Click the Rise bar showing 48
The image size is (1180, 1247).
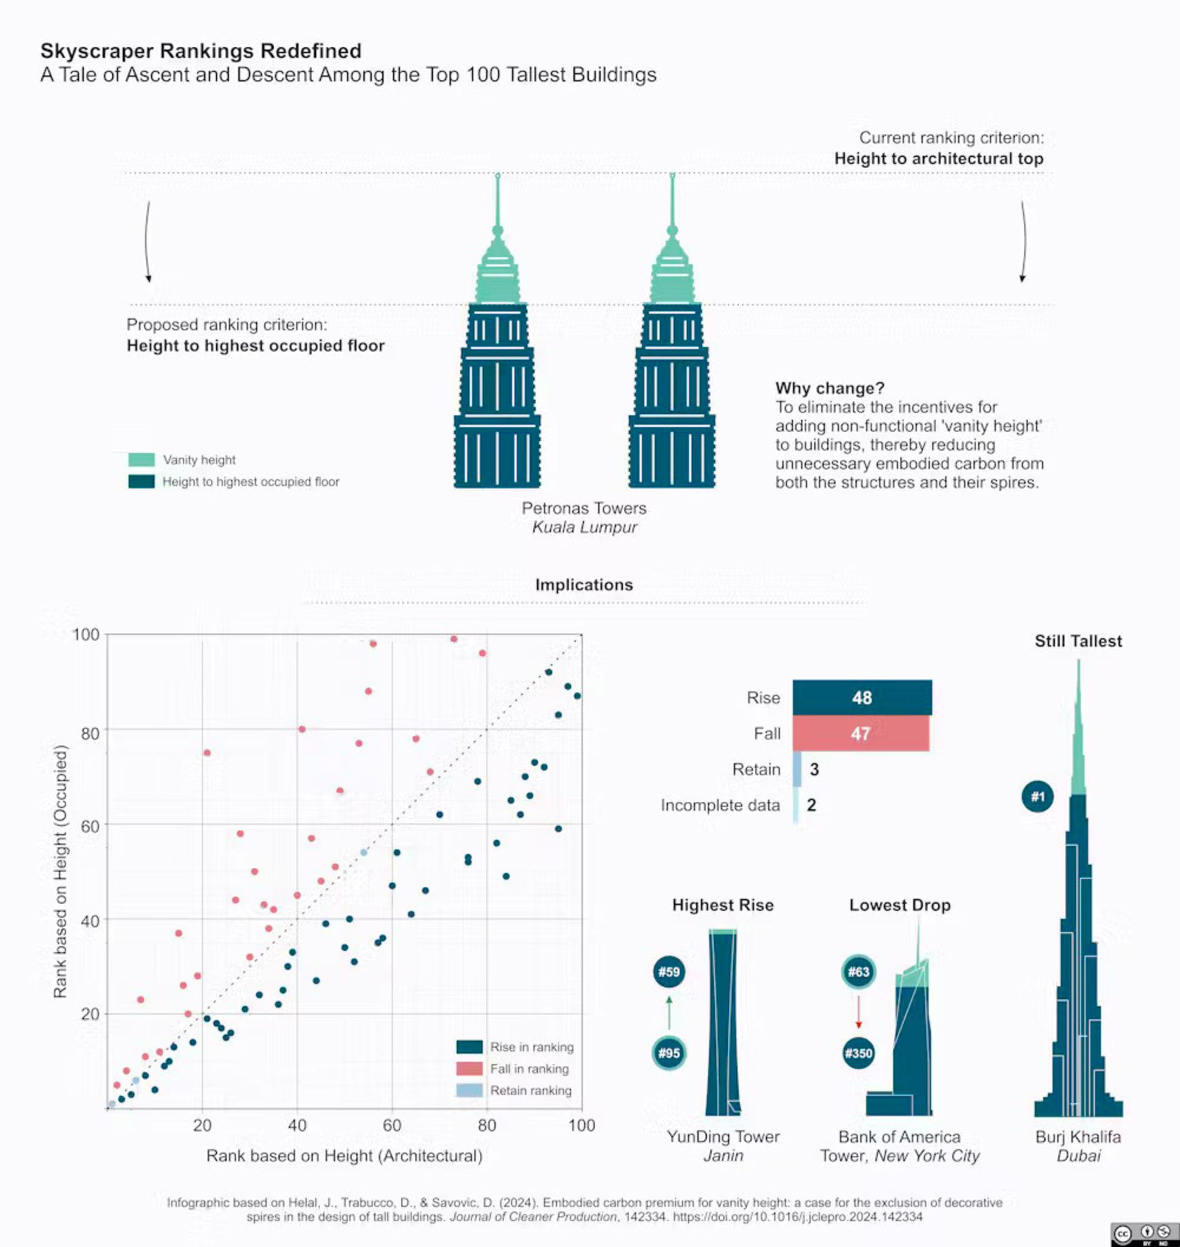point(862,698)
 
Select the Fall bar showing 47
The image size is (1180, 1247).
point(860,733)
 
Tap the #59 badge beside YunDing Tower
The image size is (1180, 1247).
point(669,972)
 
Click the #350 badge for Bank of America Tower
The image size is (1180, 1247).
point(858,1053)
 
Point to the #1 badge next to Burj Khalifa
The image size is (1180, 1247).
point(1037,797)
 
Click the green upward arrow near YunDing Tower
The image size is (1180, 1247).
point(669,1012)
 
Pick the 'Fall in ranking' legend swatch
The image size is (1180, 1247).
point(469,1068)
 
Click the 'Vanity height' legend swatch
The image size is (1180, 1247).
point(141,460)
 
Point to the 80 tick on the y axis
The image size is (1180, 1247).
point(90,733)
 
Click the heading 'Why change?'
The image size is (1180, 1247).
point(829,388)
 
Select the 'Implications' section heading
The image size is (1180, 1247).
point(584,585)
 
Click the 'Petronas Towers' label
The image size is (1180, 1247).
point(584,508)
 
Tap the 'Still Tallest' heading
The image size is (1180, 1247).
point(1078,641)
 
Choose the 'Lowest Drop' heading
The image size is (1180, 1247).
point(900,905)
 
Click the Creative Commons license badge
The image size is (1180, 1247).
point(1144,1234)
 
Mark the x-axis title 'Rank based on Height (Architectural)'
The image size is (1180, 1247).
point(344,1156)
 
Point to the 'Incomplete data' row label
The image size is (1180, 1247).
point(720,805)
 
